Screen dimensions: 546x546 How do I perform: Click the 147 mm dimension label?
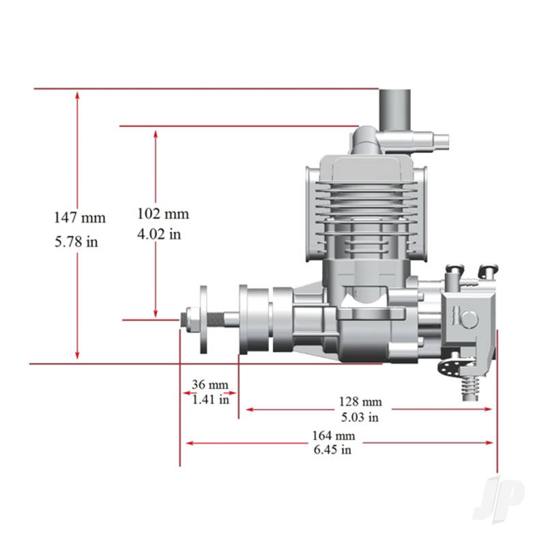click(80, 218)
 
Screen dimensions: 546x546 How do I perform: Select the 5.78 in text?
click(76, 241)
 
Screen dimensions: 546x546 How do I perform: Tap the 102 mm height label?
click(163, 214)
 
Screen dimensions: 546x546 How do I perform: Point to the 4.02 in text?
click(159, 234)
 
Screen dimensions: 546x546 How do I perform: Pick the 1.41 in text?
click(210, 399)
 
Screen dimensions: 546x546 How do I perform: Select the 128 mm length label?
click(360, 401)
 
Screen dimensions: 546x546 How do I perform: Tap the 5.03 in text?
click(360, 417)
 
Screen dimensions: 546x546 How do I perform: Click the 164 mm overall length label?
click(334, 435)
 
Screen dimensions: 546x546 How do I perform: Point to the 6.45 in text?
click(332, 449)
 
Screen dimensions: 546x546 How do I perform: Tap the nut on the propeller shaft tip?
click(185, 319)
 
